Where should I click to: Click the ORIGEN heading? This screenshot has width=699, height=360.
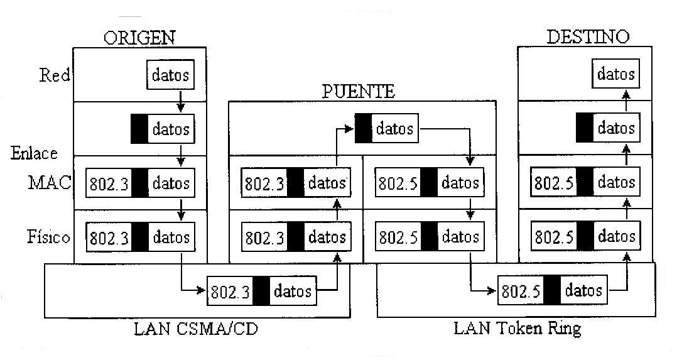[139, 37]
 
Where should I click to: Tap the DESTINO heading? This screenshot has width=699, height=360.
[587, 36]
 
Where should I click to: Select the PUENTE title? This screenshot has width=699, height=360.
[359, 91]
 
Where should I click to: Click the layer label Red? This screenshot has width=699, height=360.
[54, 75]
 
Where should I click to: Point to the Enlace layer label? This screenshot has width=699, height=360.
[34, 153]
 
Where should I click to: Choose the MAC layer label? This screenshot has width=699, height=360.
[49, 183]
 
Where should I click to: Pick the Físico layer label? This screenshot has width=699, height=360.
[48, 237]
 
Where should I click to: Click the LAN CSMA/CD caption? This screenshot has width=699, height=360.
[196, 328]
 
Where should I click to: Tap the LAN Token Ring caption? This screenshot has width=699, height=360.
[517, 328]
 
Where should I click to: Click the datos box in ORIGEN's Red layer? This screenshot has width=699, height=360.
[170, 75]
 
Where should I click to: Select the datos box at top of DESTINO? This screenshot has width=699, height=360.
[615, 74]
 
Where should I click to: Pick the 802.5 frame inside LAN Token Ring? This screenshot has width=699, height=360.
[553, 291]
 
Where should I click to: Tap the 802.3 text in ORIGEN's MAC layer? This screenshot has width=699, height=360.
[109, 183]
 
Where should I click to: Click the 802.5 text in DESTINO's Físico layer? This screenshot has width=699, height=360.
[555, 238]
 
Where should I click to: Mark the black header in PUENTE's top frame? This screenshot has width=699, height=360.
[363, 129]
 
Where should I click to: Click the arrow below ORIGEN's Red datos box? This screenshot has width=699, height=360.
[180, 101]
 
